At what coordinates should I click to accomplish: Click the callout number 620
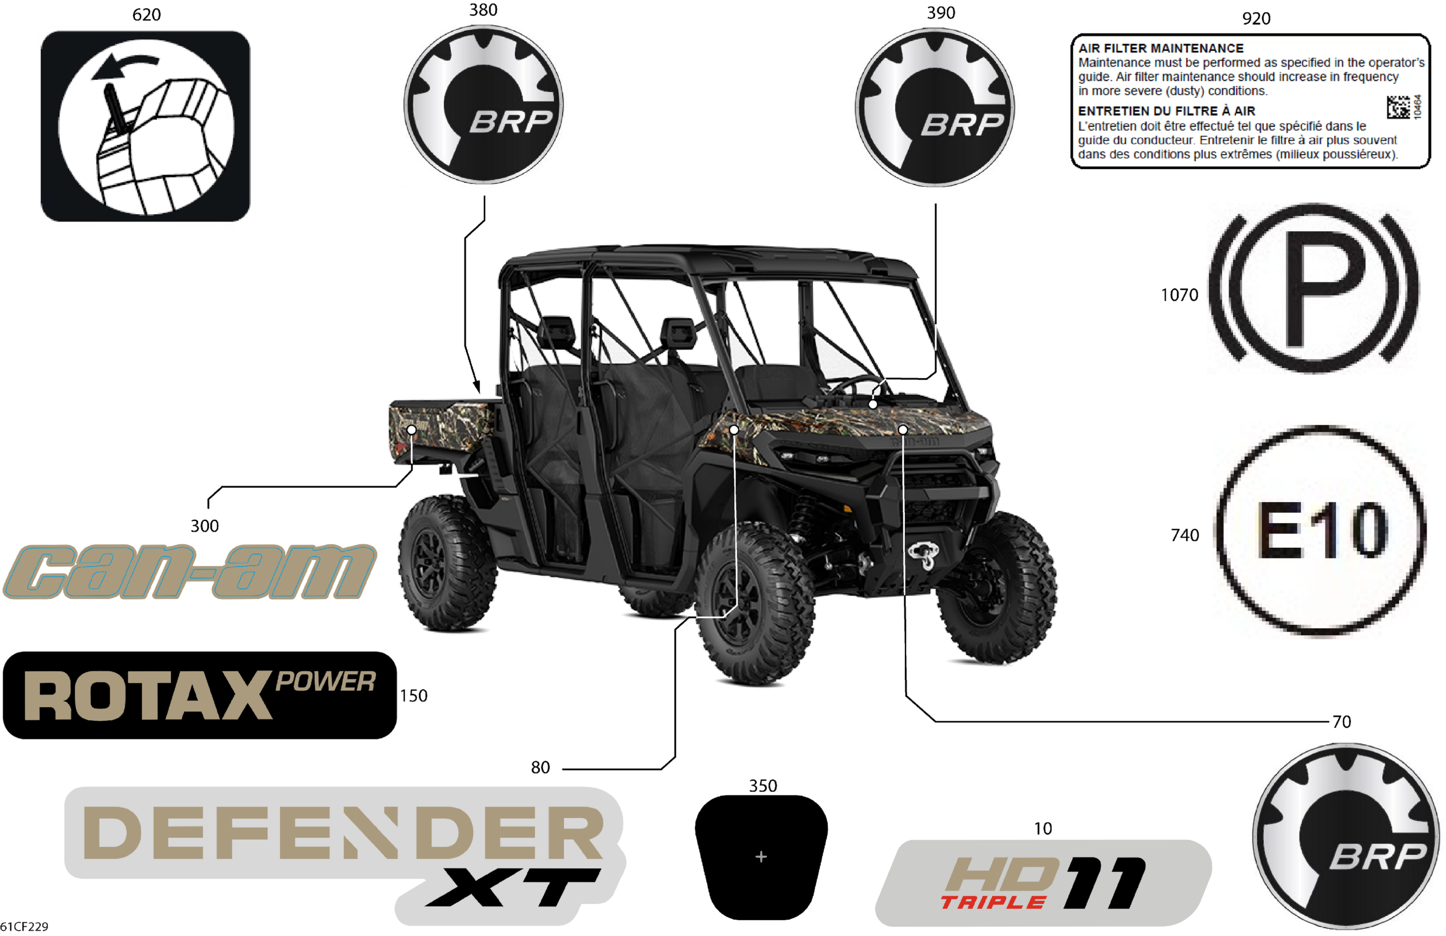tap(146, 14)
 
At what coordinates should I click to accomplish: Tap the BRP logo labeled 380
tap(484, 105)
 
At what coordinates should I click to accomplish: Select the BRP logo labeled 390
tap(935, 107)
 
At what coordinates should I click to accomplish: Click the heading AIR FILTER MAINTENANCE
tap(1160, 48)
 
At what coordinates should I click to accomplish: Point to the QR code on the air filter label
tap(1398, 107)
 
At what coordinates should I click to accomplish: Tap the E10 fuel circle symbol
tap(1321, 531)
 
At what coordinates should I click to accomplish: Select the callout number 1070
tap(1179, 295)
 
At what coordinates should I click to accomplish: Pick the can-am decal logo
tap(189, 572)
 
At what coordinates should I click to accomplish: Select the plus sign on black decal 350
tap(761, 857)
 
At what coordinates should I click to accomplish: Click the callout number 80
tap(540, 768)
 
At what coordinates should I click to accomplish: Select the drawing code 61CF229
tap(24, 927)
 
